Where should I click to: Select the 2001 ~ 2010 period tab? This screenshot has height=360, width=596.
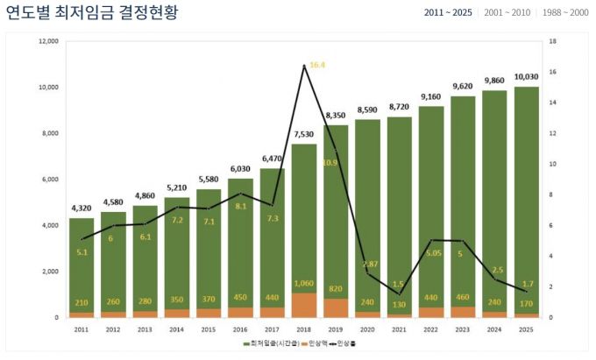(x=507, y=13)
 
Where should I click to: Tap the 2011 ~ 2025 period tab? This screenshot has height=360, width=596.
(x=449, y=13)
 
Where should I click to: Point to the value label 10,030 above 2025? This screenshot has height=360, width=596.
(x=527, y=76)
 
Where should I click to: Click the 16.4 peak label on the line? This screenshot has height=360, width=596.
(x=317, y=65)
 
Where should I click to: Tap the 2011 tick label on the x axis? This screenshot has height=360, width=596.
(x=82, y=329)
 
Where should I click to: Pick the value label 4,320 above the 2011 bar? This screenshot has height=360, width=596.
(x=82, y=208)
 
